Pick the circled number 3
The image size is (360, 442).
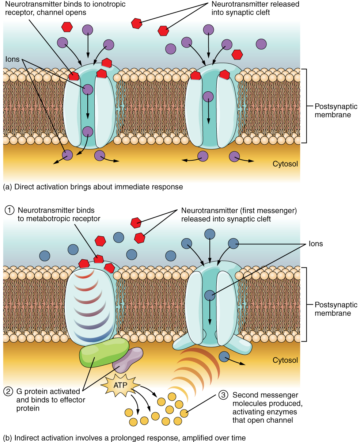(223, 395)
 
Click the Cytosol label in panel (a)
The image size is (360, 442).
(285, 164)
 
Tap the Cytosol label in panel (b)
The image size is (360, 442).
(285, 360)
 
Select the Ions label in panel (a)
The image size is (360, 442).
(12, 59)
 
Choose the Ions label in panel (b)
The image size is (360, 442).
(316, 244)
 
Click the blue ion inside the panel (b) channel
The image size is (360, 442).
(209, 295)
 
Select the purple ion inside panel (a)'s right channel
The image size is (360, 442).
(208, 96)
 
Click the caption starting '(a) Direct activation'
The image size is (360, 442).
(93, 187)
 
